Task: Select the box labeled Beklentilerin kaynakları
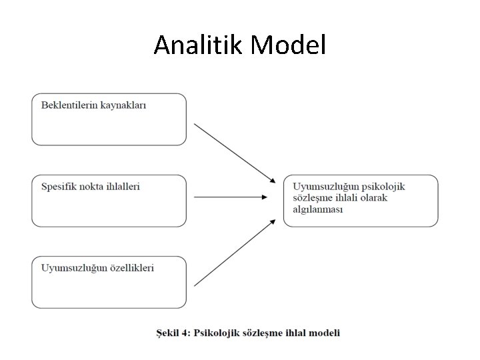[x=109, y=119]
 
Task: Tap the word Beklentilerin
[x=69, y=105]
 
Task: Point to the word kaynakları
[x=123, y=105]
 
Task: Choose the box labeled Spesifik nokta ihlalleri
[x=109, y=201]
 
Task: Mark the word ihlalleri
[x=121, y=187]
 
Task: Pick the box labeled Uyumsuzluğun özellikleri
[x=109, y=282]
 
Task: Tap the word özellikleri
[x=131, y=268]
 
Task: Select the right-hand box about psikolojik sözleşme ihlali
[x=361, y=201]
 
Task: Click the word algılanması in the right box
[x=317, y=209]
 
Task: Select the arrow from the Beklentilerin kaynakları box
[x=234, y=153]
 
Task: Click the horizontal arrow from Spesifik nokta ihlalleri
[x=231, y=197]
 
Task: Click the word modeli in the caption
[x=325, y=332]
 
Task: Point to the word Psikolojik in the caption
[x=217, y=332]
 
